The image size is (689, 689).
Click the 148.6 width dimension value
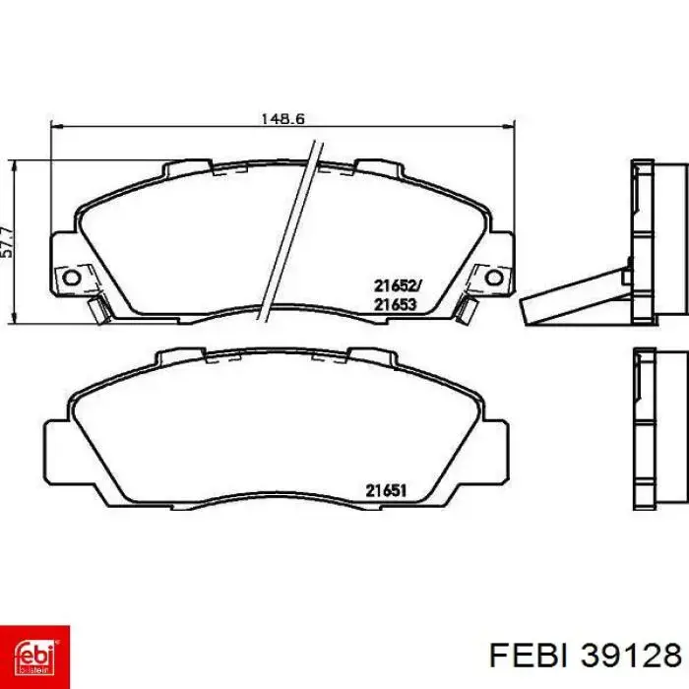click(282, 119)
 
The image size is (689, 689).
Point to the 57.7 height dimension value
click(8, 242)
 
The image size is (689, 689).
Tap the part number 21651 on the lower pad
click(386, 491)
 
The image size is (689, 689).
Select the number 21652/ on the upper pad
click(398, 286)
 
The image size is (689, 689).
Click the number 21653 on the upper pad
click(395, 304)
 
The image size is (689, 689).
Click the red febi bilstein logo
click(34, 657)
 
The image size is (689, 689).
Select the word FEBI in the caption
click(529, 657)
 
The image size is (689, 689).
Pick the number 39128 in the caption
click(631, 657)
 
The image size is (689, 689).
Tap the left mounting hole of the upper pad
click(71, 278)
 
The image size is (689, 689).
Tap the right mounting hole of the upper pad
click(494, 278)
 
